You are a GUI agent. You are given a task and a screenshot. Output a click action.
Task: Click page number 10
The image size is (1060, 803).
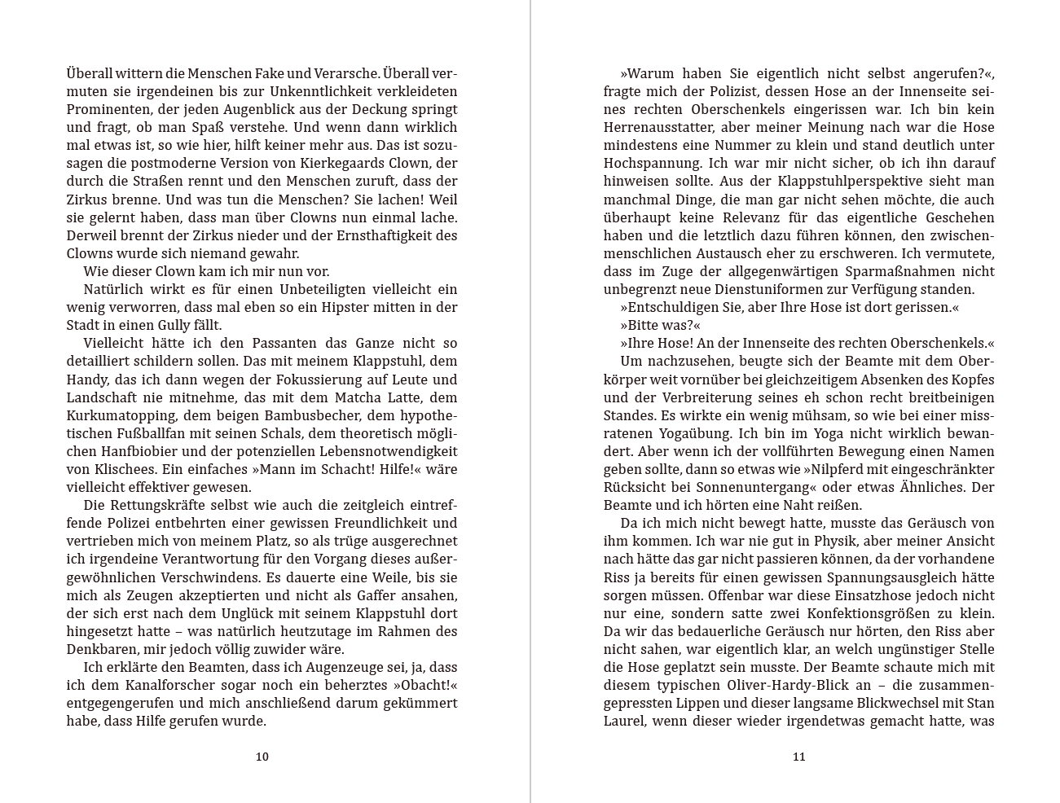[x=262, y=757]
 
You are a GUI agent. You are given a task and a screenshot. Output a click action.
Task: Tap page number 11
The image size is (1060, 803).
[x=798, y=757]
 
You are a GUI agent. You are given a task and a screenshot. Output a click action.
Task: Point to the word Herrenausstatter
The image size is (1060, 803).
[x=658, y=128]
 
